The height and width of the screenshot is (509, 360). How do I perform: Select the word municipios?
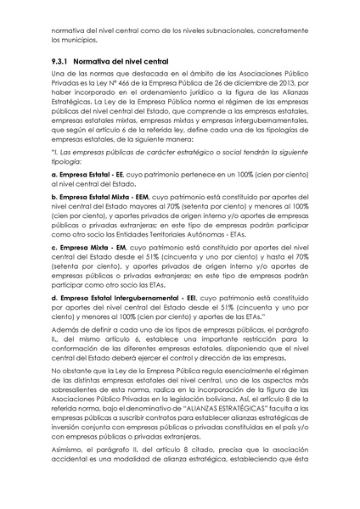pos(79,39)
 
